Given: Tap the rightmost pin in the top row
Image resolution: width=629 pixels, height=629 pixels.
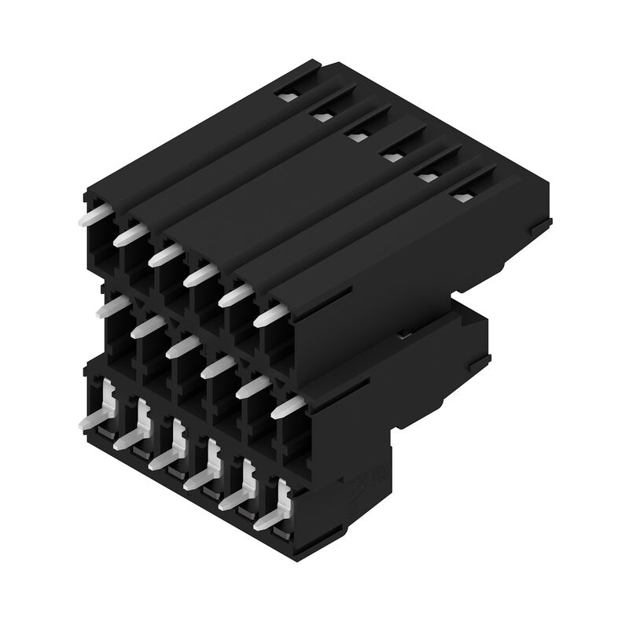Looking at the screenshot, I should click(x=269, y=316).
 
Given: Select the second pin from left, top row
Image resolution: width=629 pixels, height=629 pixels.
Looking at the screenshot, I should click(x=128, y=234).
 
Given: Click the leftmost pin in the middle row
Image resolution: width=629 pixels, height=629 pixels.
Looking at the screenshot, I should click(x=112, y=307).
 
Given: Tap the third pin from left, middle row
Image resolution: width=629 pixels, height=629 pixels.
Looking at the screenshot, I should click(x=182, y=347).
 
